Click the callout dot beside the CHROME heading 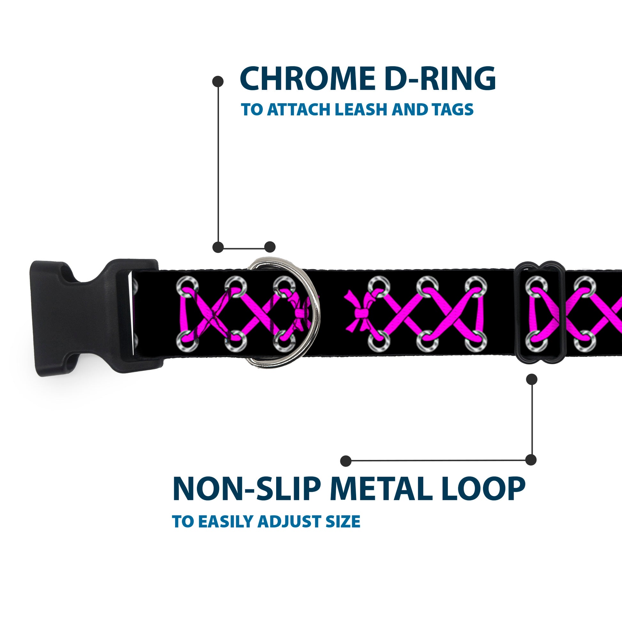(218, 82)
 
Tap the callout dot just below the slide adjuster (532, 379)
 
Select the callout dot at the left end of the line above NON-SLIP (346, 461)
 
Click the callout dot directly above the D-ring (270, 247)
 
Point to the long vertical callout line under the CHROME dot (218, 164)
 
